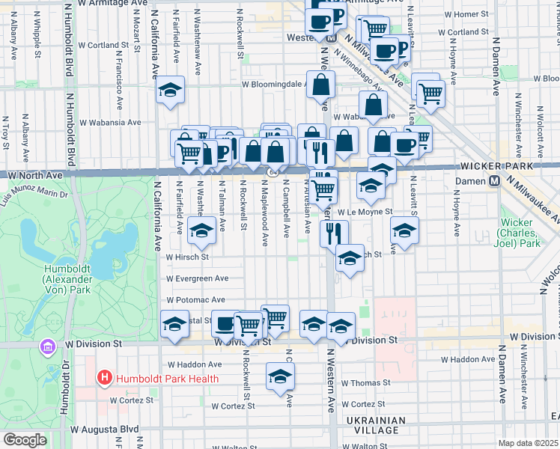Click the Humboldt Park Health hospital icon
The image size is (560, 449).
coord(106,379)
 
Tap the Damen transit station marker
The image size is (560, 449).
coord(494,181)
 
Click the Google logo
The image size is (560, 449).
coord(24,440)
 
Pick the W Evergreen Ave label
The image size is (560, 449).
coord(197,278)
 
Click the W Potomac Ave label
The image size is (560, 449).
coord(195,299)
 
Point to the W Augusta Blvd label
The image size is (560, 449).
coord(105,430)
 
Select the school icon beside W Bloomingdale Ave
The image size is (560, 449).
coord(171,91)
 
